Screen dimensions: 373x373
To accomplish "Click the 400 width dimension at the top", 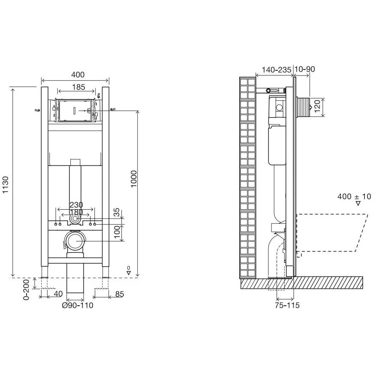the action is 78,75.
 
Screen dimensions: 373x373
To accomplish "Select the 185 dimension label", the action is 78,87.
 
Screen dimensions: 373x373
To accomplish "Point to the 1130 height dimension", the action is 5,185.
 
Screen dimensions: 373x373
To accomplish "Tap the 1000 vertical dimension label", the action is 134,179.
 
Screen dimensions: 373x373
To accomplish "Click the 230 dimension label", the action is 76,205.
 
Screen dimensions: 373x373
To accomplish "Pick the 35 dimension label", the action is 117,213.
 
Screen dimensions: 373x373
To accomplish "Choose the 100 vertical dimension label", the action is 117,232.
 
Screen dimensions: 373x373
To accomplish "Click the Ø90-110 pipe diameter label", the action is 78,305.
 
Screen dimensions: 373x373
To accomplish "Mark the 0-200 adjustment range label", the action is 26,289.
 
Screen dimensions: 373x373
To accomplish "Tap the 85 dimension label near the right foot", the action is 120,294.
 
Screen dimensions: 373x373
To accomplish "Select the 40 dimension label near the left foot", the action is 58,294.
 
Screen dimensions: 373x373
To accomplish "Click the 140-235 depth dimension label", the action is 277,70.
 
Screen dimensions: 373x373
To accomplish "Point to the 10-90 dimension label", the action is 305,69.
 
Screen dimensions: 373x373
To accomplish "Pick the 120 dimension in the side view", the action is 317,107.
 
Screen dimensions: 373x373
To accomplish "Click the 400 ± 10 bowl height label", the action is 354,196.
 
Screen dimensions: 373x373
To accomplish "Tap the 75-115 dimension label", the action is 287,305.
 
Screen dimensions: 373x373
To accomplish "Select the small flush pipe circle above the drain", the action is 75,219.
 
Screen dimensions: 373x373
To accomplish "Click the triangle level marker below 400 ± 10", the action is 358,203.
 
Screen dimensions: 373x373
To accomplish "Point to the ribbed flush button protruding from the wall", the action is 303,107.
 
